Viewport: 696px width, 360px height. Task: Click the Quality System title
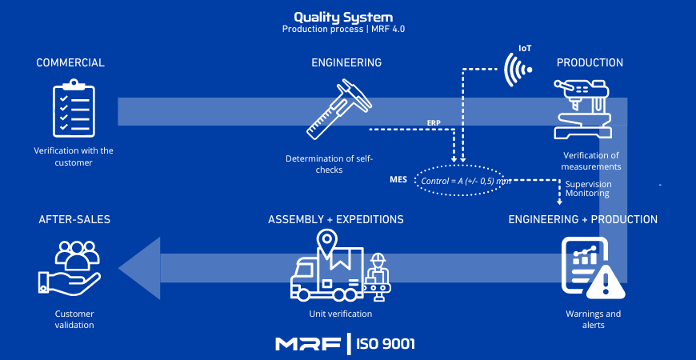point(343,16)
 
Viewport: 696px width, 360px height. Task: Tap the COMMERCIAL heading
point(70,62)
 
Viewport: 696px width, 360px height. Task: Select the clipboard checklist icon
point(73,109)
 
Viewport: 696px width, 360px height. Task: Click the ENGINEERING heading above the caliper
point(346,62)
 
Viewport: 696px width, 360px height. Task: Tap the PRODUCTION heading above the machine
point(590,62)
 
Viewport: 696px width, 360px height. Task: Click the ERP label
point(434,123)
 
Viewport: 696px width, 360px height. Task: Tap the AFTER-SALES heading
point(74,219)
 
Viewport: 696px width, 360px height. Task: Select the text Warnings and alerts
point(593,319)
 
